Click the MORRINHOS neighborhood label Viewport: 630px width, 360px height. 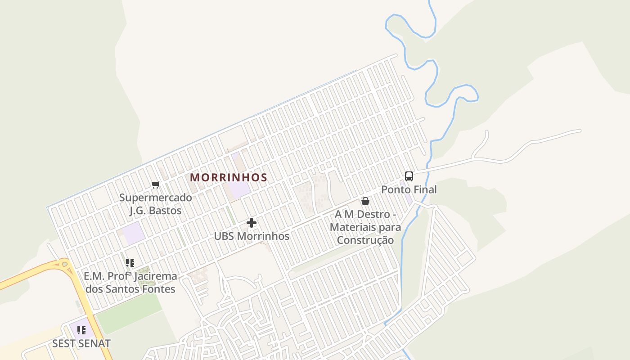[x=229, y=178]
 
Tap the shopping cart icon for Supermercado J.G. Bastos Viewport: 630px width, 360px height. [x=156, y=184]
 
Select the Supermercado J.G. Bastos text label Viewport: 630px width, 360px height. [x=155, y=204]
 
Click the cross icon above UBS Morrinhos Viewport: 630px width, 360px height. [x=252, y=223]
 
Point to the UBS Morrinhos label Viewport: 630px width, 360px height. [x=252, y=236]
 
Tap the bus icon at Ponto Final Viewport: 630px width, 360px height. [x=409, y=176]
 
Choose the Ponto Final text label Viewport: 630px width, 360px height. [x=409, y=190]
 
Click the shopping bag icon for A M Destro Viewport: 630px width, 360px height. [x=365, y=201]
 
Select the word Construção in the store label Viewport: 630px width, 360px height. [x=365, y=240]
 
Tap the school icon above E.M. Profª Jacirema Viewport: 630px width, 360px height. [x=130, y=263]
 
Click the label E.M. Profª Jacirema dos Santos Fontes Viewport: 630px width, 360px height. [x=130, y=283]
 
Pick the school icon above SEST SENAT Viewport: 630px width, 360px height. [x=81, y=331]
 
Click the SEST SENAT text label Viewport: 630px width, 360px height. [x=81, y=344]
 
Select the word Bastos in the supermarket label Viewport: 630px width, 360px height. [x=165, y=211]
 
